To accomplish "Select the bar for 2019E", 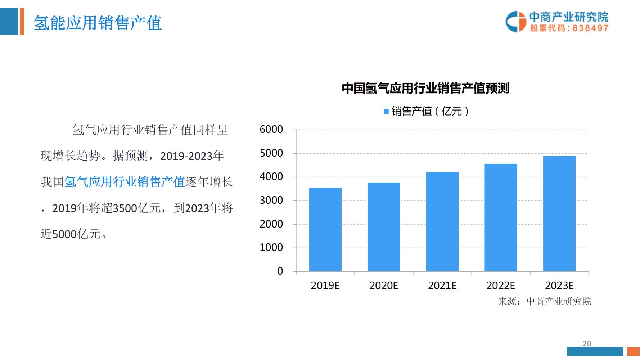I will coord(325,229).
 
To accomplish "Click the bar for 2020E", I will coord(384,227).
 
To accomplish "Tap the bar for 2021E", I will coord(442,221).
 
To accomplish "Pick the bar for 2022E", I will coord(501,217).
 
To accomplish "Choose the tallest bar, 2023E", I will coord(559,213).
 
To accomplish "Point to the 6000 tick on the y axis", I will coord(271,130).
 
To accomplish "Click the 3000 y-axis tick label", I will coord(271,201).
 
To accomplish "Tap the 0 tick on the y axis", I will coord(280,271).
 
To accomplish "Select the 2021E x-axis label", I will coord(442,286).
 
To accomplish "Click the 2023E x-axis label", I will coord(559,286).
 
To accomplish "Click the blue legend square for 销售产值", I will coord(386,112).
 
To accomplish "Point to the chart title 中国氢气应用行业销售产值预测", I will coord(425,88).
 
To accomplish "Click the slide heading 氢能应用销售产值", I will coord(98,23).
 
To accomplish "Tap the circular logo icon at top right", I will coord(515,22).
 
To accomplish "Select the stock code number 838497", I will coord(590,28).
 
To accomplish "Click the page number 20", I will coord(587,343).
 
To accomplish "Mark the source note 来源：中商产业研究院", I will coord(544,301).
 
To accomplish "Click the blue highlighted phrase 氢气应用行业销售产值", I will coord(125,182).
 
